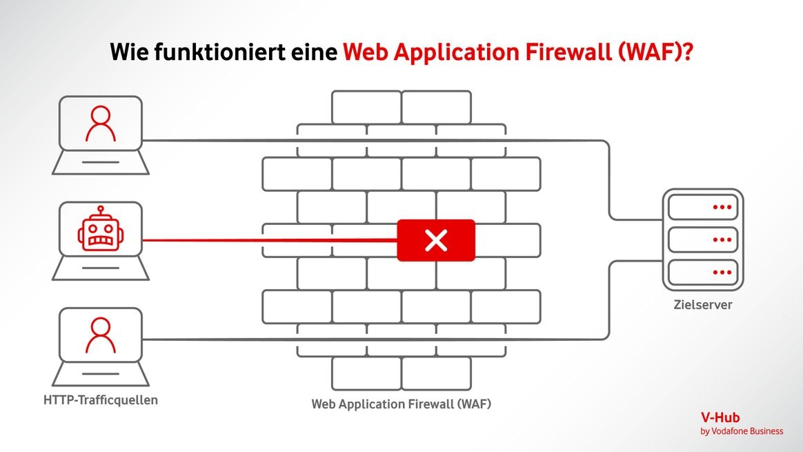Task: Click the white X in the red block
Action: pyautogui.click(x=436, y=240)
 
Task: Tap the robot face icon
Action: pyautogui.click(x=101, y=230)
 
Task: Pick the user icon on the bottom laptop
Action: pyautogui.click(x=101, y=335)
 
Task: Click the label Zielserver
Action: pyautogui.click(x=702, y=304)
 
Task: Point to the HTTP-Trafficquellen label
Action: pyautogui.click(x=101, y=400)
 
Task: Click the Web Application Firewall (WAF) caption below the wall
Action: pyautogui.click(x=401, y=404)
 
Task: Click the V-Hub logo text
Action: pyautogui.click(x=720, y=417)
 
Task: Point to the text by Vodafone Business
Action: pyautogui.click(x=742, y=431)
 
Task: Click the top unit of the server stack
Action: pyautogui.click(x=702, y=206)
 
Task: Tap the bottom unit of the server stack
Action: pyautogui.click(x=702, y=273)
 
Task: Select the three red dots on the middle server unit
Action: pyautogui.click(x=722, y=239)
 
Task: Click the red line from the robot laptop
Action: pyautogui.click(x=269, y=240)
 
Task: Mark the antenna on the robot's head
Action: pyautogui.click(x=101, y=208)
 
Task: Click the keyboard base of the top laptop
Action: pyautogui.click(x=101, y=163)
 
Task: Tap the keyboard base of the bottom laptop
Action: pyautogui.click(x=101, y=375)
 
